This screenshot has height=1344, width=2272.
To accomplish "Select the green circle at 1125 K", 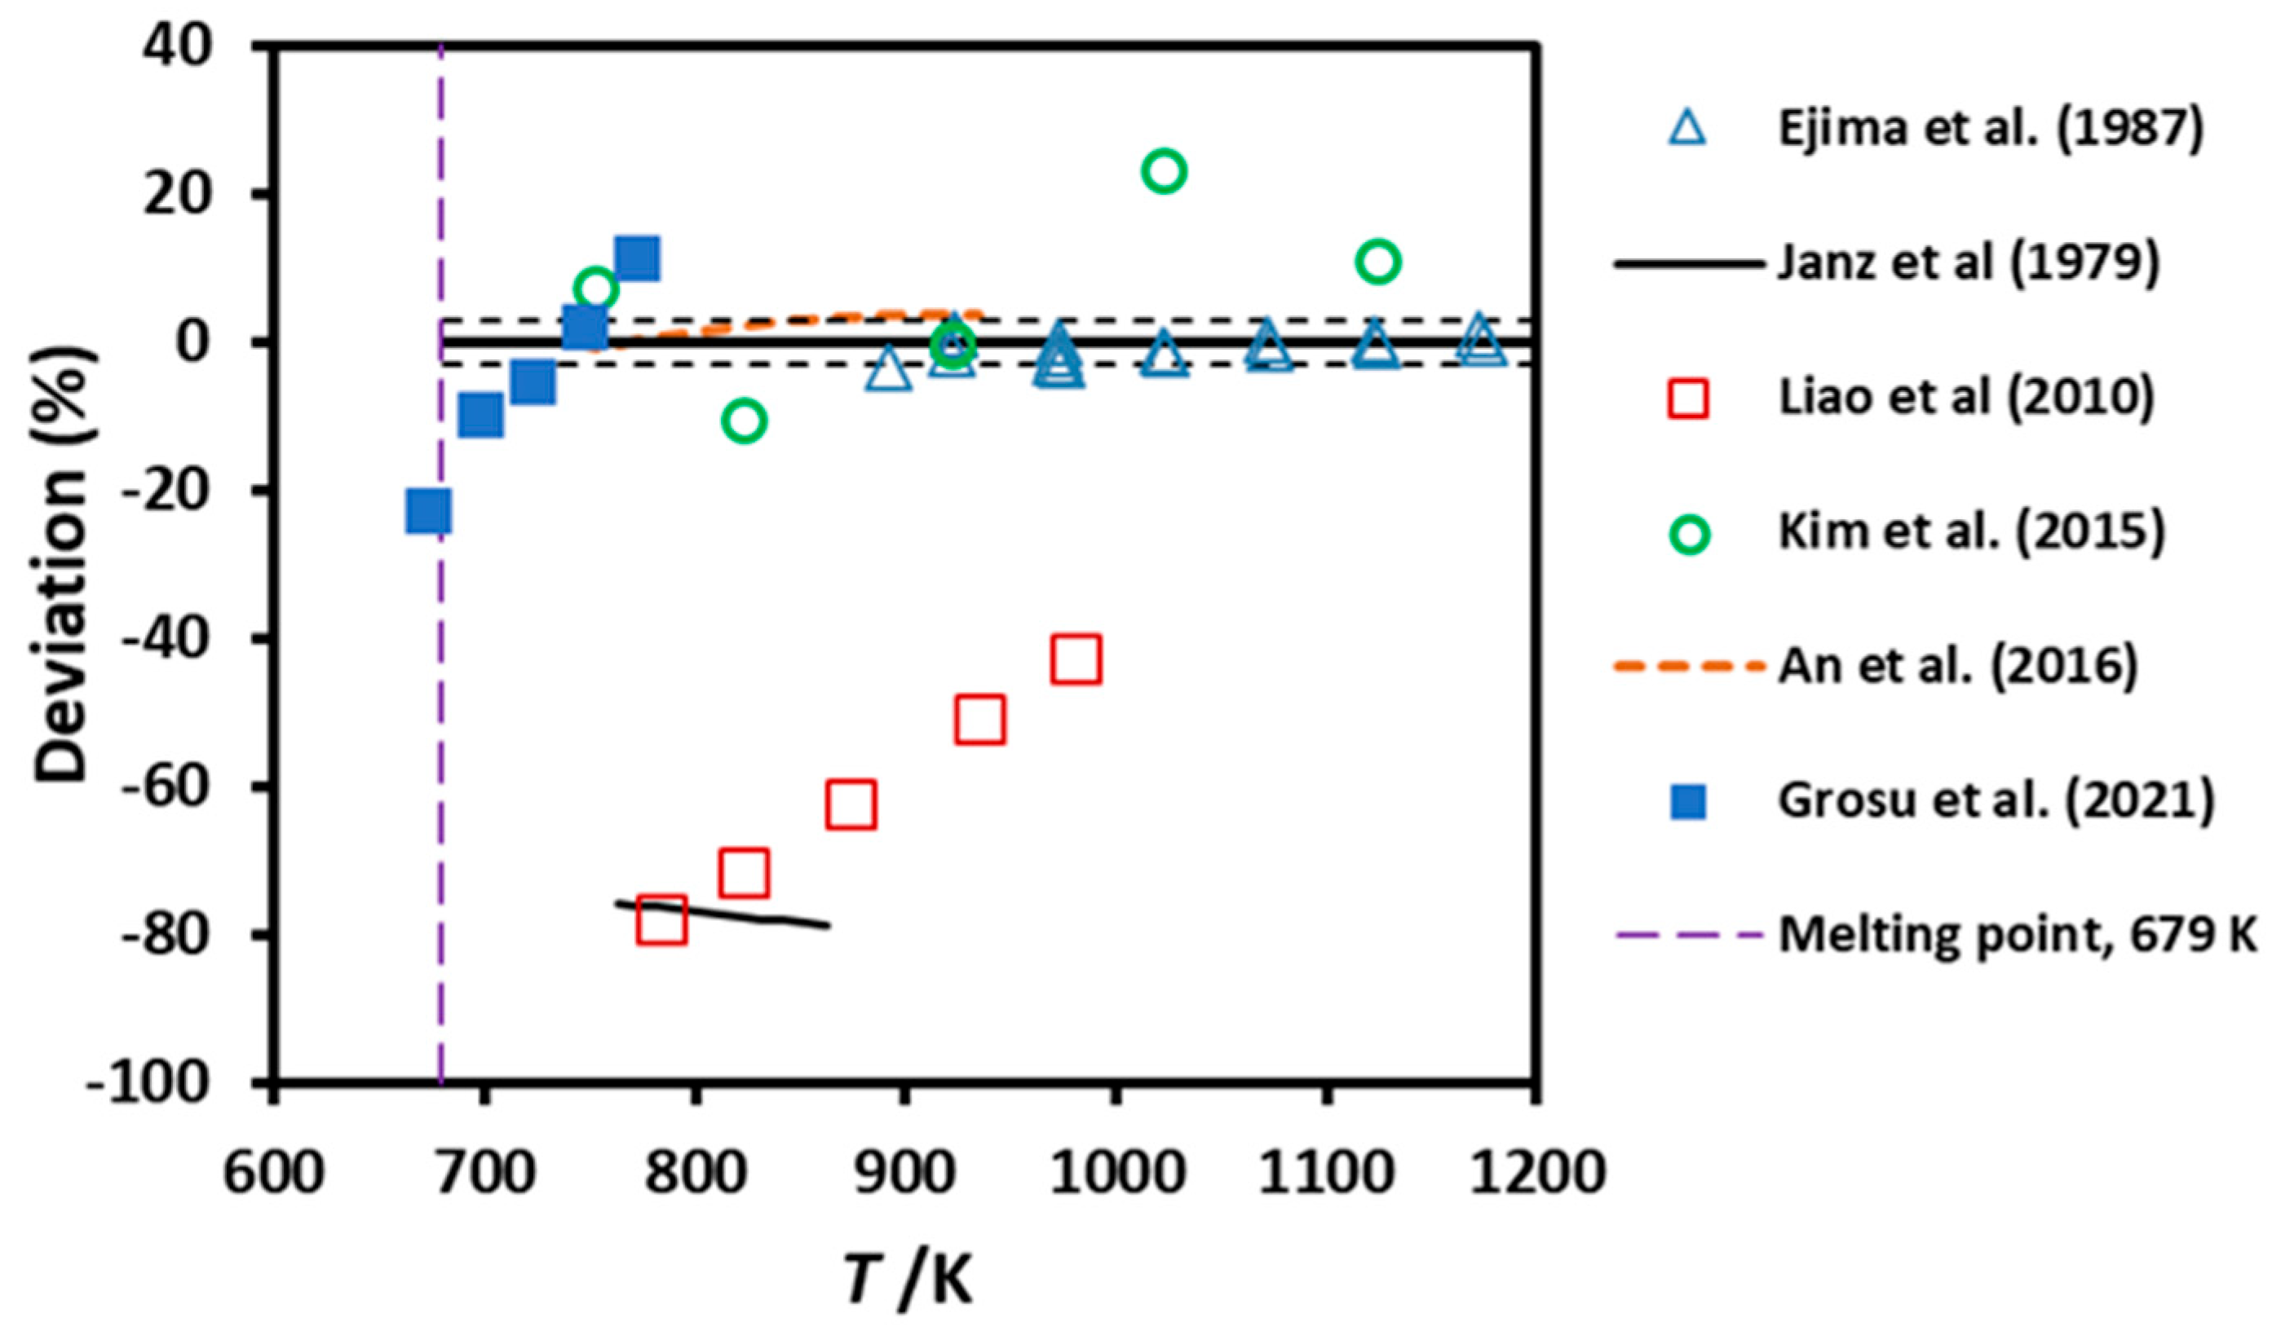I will (x=1378, y=262).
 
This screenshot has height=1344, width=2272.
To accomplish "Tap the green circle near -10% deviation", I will (x=745, y=421).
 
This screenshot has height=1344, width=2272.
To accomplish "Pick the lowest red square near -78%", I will (x=661, y=921).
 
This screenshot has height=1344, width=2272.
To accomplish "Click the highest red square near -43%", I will (x=1076, y=659).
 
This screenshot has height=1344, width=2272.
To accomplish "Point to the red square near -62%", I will (x=851, y=804).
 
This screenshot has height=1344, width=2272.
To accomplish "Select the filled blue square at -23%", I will (x=428, y=512).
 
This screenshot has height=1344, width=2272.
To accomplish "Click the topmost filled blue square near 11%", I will (x=637, y=259).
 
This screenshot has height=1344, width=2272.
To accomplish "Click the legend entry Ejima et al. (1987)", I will (x=1989, y=129).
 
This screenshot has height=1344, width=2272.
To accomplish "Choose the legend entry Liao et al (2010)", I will (x=1966, y=398).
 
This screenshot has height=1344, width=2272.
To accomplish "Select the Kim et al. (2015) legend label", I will (x=1971, y=532).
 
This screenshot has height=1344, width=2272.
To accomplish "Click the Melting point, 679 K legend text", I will (x=2017, y=935).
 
